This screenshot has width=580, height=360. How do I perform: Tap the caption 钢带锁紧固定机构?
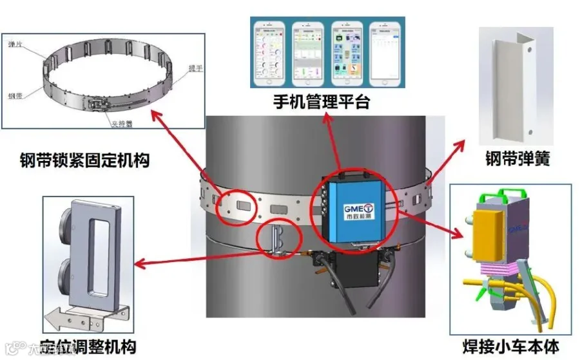tap(84, 159)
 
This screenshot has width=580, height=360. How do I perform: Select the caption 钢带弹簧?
tap(517, 158)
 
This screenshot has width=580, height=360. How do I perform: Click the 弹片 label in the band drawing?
tap(15, 44)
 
